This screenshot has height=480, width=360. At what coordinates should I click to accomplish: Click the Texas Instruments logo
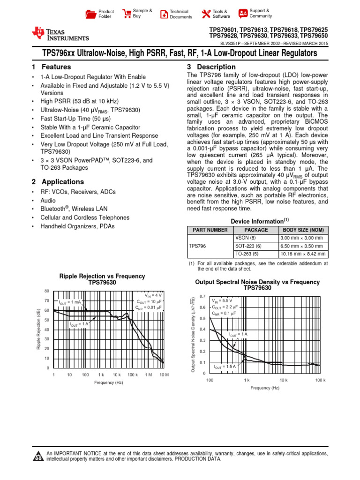point(60,34)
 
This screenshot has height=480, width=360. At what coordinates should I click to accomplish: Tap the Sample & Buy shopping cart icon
point(126,14)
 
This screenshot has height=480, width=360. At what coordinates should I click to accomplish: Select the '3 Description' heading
point(211,67)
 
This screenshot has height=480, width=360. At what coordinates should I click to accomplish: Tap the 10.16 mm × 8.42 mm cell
point(302,254)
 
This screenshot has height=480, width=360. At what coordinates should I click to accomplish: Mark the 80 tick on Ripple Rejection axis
point(47,291)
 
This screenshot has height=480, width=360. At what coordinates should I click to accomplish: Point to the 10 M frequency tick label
point(164,375)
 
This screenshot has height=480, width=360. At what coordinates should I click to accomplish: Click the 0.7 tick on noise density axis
point(202,296)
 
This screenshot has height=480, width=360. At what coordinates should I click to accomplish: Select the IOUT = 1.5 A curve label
point(225,366)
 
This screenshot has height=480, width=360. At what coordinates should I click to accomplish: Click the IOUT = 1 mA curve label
point(69,302)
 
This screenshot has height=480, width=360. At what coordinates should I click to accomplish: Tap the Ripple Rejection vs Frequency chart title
point(102,279)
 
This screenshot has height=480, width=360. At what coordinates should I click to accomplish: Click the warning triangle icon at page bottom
point(38,457)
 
